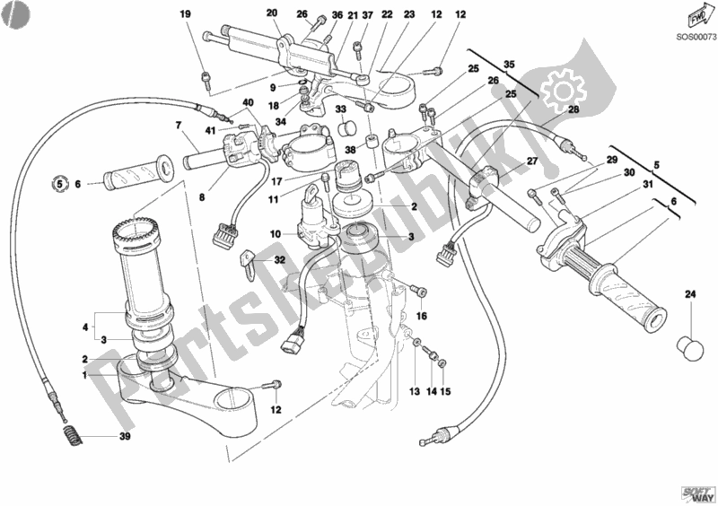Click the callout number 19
[185, 13]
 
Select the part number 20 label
[273, 13]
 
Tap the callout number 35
[509, 65]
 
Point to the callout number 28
[574, 109]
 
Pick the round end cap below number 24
[689, 345]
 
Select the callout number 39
[126, 438]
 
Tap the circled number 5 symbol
[59, 185]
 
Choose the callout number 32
[279, 260]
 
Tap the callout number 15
[447, 392]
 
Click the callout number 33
[341, 109]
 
